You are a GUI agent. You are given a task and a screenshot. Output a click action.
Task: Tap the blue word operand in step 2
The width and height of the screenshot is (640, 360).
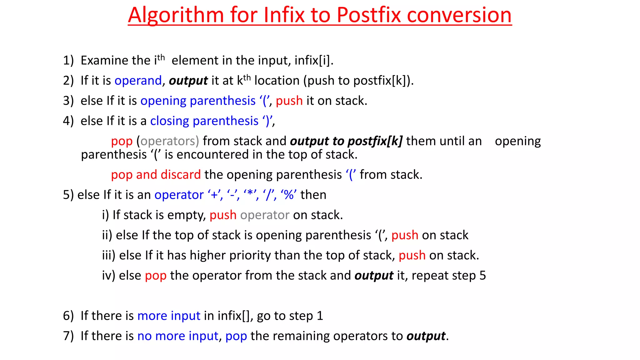point(138,81)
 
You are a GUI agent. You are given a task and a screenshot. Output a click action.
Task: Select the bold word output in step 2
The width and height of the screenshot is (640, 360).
point(188,81)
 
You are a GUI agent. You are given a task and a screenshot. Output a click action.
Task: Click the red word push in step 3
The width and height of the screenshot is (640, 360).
point(289,101)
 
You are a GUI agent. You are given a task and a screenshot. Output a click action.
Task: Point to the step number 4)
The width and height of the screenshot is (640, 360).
point(68,121)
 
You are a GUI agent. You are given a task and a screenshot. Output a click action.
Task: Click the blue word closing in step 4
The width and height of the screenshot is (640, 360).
point(169,121)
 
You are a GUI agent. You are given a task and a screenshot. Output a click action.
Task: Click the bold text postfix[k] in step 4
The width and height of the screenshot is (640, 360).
point(375,141)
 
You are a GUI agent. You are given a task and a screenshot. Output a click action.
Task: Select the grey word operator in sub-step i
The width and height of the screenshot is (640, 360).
point(265,215)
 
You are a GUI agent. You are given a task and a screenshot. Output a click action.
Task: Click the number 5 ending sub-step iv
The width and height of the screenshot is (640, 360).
point(482,276)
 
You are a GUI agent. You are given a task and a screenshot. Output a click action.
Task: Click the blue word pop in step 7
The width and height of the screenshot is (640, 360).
point(236,336)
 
